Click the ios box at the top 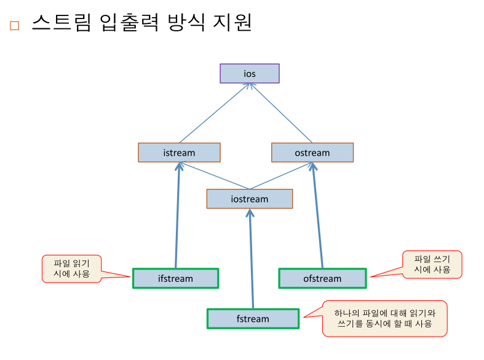tap(250, 73)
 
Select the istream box tap(179, 153)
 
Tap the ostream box tap(312, 153)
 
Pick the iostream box tap(250, 199)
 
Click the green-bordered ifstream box tap(176, 279)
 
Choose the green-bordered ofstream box tap(322, 279)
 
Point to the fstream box tap(253, 319)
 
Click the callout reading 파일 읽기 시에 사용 tap(71, 268)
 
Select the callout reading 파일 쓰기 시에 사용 tap(432, 264)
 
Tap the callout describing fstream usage tap(384, 319)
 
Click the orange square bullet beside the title tap(15, 26)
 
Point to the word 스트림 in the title tap(61, 22)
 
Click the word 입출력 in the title tap(129, 22)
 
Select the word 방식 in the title tap(186, 22)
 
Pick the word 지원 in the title tap(232, 22)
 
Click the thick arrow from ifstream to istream tap(178, 215)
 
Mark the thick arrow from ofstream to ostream tap(317, 215)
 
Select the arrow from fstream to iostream tap(252, 258)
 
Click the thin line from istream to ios tap(214, 113)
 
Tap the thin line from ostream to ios tap(280, 113)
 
